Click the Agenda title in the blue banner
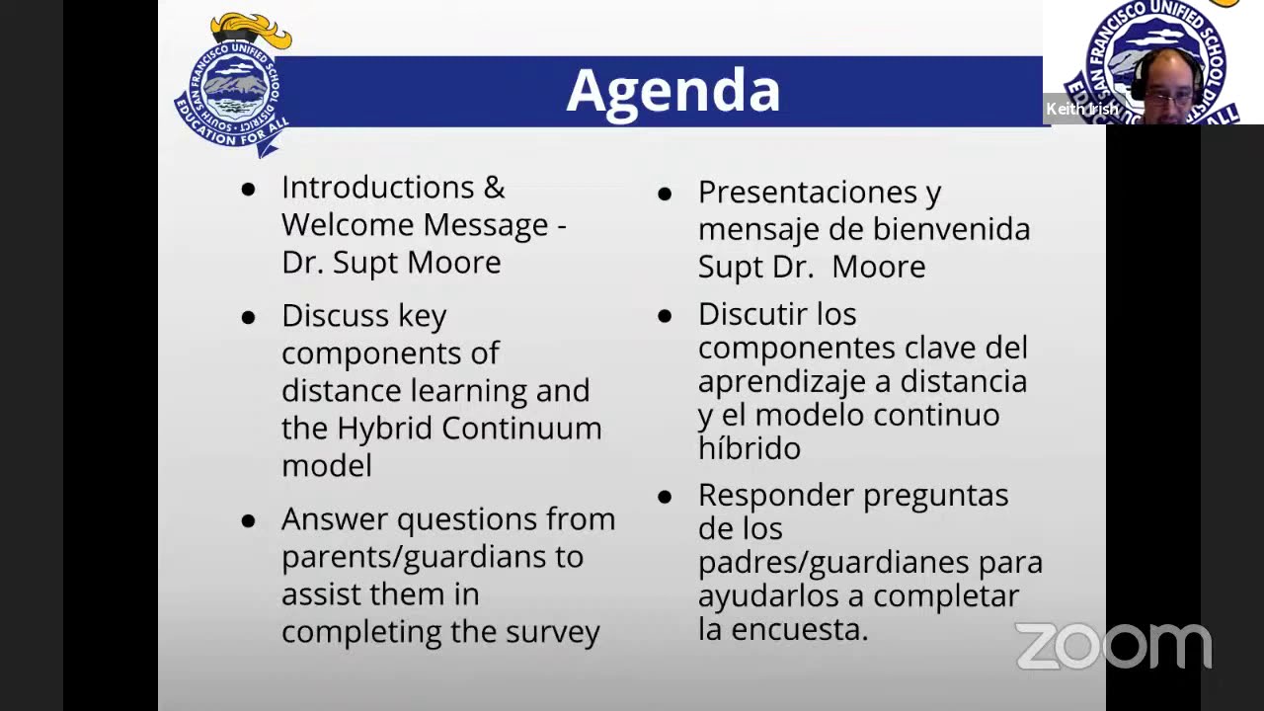tap(673, 91)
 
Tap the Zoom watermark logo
tap(1113, 647)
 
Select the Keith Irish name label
tap(1082, 109)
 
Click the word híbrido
tap(749, 448)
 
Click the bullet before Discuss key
tap(248, 317)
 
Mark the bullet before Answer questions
tap(248, 520)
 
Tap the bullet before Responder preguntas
tap(665, 497)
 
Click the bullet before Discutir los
tap(665, 316)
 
